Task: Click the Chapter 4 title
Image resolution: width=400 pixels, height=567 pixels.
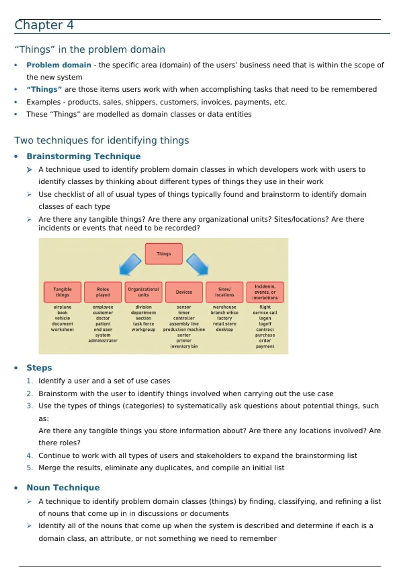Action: point(44,25)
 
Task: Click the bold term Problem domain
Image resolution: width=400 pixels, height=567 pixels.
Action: point(59,65)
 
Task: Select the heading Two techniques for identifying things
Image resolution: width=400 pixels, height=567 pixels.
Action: point(101,140)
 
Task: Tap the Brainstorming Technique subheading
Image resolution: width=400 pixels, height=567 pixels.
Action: point(83,156)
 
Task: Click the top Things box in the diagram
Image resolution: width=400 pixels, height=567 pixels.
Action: point(164,254)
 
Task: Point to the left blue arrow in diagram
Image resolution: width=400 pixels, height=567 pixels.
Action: point(130,264)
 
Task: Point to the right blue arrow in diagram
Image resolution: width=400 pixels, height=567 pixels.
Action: point(197,264)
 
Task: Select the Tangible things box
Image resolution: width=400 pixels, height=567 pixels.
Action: point(62,292)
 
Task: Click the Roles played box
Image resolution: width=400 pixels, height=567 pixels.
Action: point(103,292)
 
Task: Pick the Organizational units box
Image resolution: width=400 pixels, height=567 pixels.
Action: point(143,292)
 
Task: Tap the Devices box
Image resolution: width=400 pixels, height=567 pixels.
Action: point(184,292)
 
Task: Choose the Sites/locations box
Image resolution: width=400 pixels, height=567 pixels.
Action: point(224,292)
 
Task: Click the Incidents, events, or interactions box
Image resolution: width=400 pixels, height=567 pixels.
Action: point(265,292)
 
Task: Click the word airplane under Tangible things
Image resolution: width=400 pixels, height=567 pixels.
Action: point(62,307)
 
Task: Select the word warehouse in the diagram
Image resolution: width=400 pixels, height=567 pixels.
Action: point(224,307)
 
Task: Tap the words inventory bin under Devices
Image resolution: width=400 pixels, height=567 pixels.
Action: point(184,346)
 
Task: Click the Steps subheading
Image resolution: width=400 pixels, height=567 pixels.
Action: point(39,368)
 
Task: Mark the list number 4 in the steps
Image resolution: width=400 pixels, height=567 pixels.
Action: point(30,456)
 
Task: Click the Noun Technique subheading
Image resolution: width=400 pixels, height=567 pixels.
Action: point(63,488)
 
